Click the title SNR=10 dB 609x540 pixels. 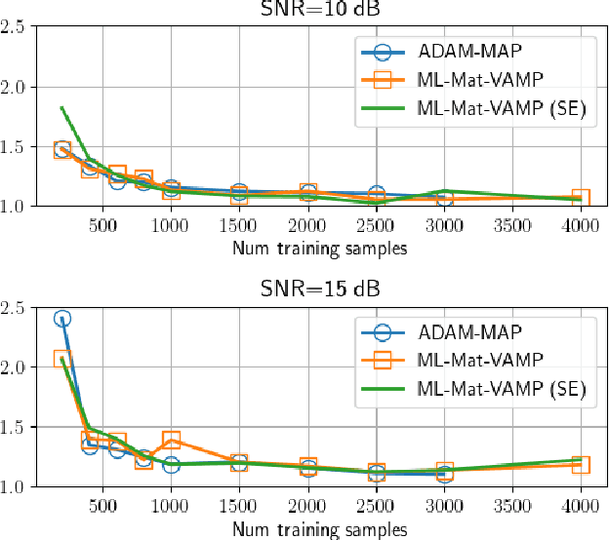pyautogui.click(x=321, y=9)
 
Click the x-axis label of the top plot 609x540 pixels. pyautogui.click(x=320, y=248)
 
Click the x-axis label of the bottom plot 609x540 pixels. pyautogui.click(x=320, y=529)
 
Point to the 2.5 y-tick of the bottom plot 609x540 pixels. pyautogui.click(x=14, y=308)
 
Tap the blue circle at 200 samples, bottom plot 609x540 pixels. pyautogui.click(x=61, y=319)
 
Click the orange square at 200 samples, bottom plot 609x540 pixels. pyautogui.click(x=61, y=360)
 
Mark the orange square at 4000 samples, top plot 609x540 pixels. pyautogui.click(x=581, y=199)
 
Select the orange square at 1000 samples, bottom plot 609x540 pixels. pyautogui.click(x=172, y=440)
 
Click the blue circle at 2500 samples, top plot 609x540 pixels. pyautogui.click(x=376, y=195)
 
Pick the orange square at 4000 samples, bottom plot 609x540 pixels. pyautogui.click(x=581, y=465)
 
